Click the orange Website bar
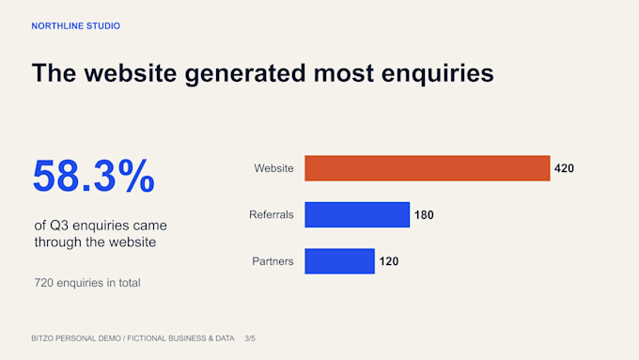[x=427, y=168]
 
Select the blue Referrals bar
[x=357, y=214]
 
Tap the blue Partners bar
[x=339, y=261]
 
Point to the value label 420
[x=564, y=168]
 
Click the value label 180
[x=424, y=215]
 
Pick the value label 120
[x=389, y=261]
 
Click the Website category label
[x=273, y=168]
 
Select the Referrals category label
[x=272, y=215]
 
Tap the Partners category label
[x=273, y=261]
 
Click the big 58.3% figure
[x=94, y=176]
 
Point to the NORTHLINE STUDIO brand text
[x=76, y=26]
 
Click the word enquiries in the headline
[x=437, y=74]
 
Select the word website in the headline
[x=131, y=73]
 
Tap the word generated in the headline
[x=245, y=74]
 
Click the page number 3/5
[x=250, y=338]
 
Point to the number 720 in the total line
[x=43, y=283]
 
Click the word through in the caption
[x=58, y=243]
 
